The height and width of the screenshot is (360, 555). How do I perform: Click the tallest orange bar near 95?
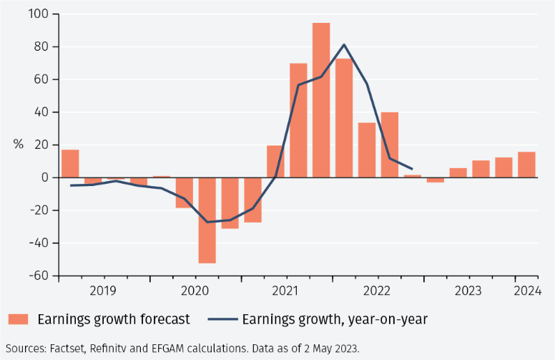pyautogui.click(x=321, y=100)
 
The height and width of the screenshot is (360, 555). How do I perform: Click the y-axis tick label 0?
pyautogui.click(x=44, y=177)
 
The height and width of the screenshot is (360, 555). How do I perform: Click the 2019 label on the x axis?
pyautogui.click(x=104, y=291)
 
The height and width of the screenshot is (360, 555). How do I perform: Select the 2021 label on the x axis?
pyautogui.click(x=285, y=291)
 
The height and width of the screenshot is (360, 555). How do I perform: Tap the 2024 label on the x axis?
pyautogui.click(x=527, y=291)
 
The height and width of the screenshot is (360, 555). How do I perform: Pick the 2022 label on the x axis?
pyautogui.click(x=377, y=291)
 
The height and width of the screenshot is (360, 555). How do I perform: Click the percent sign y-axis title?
pyautogui.click(x=18, y=145)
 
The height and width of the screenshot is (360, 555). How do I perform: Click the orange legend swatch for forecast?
pyautogui.click(x=19, y=319)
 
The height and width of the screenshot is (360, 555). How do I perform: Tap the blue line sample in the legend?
pyautogui.click(x=222, y=319)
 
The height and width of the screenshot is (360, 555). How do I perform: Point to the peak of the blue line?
pyautogui.click(x=344, y=44)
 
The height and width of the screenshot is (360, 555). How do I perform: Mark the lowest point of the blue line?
pyautogui.click(x=207, y=222)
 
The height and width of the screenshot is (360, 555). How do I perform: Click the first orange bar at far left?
pyautogui.click(x=70, y=164)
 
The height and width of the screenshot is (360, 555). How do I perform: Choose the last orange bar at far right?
pyautogui.click(x=526, y=165)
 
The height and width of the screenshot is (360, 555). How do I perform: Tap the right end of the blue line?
pyautogui.click(x=412, y=169)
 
